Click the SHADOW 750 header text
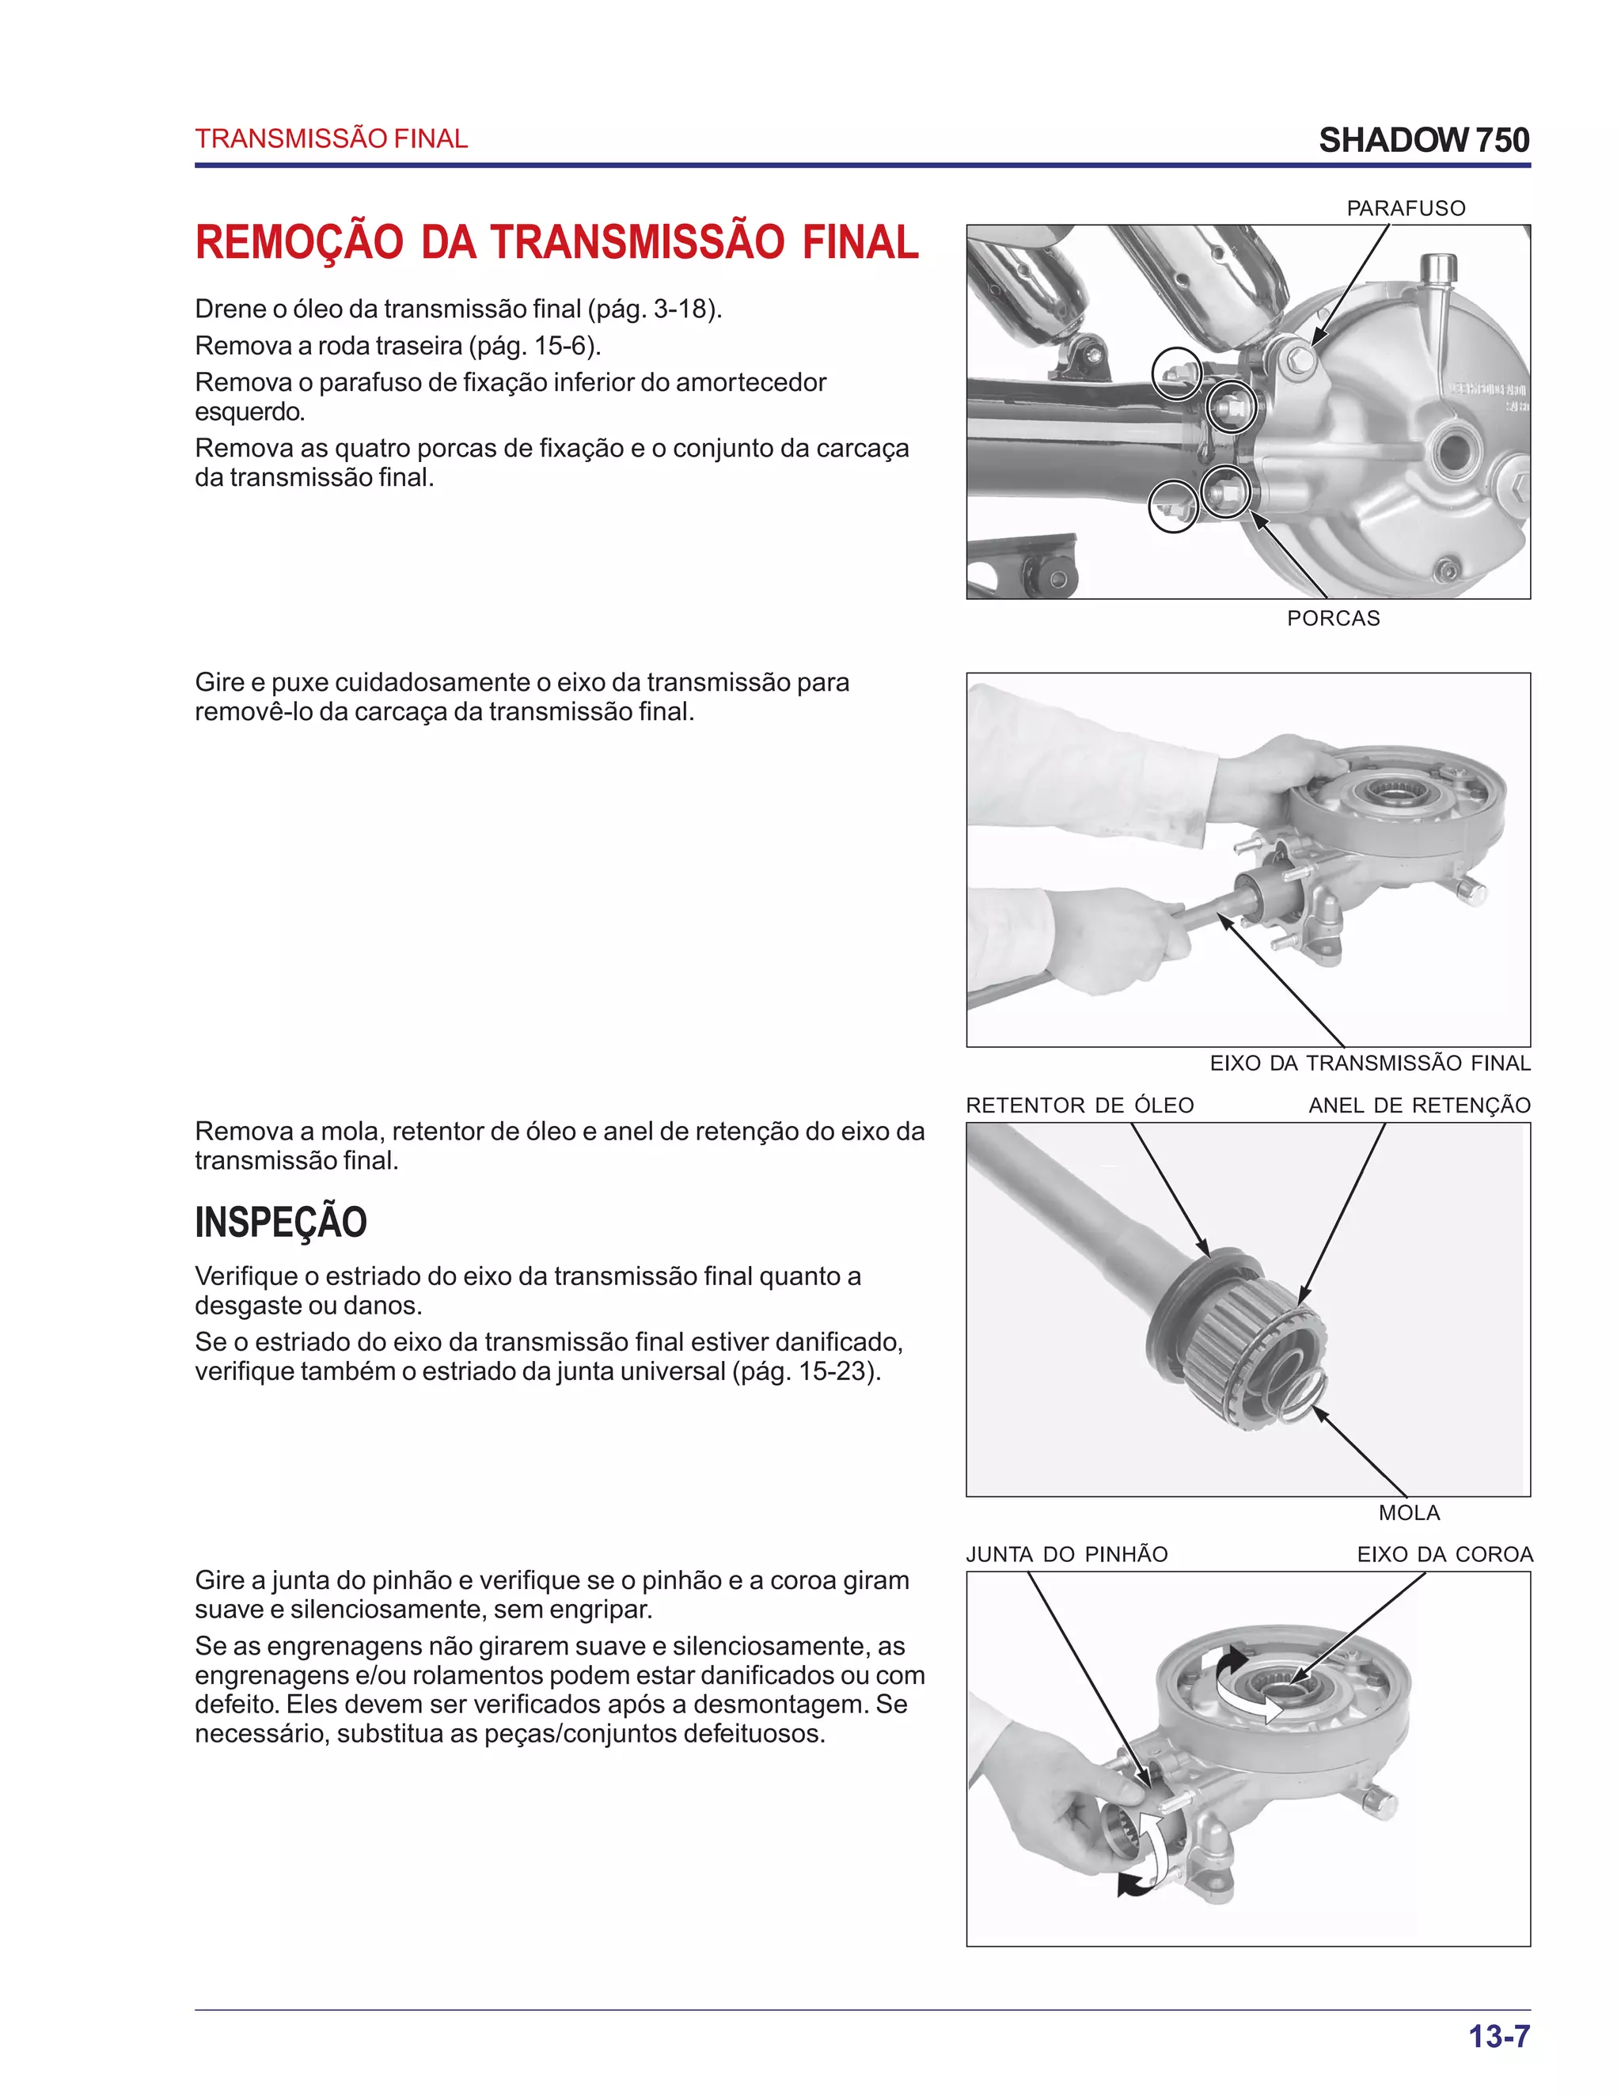tap(1423, 140)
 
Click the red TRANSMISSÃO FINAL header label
tap(332, 139)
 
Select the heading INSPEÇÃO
tap(280, 1223)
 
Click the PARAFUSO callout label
tap(1405, 208)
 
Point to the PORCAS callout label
tap(1333, 618)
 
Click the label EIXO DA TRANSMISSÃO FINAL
tap(1369, 1063)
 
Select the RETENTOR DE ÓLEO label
tap(1080, 1105)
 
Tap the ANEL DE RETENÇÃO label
tap(1418, 1105)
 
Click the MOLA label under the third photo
tap(1409, 1512)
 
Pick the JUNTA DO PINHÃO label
tap(1066, 1553)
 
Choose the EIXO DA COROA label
tap(1444, 1553)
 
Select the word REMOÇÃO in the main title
tap(298, 242)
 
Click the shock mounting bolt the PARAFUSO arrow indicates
tap(1300, 359)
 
